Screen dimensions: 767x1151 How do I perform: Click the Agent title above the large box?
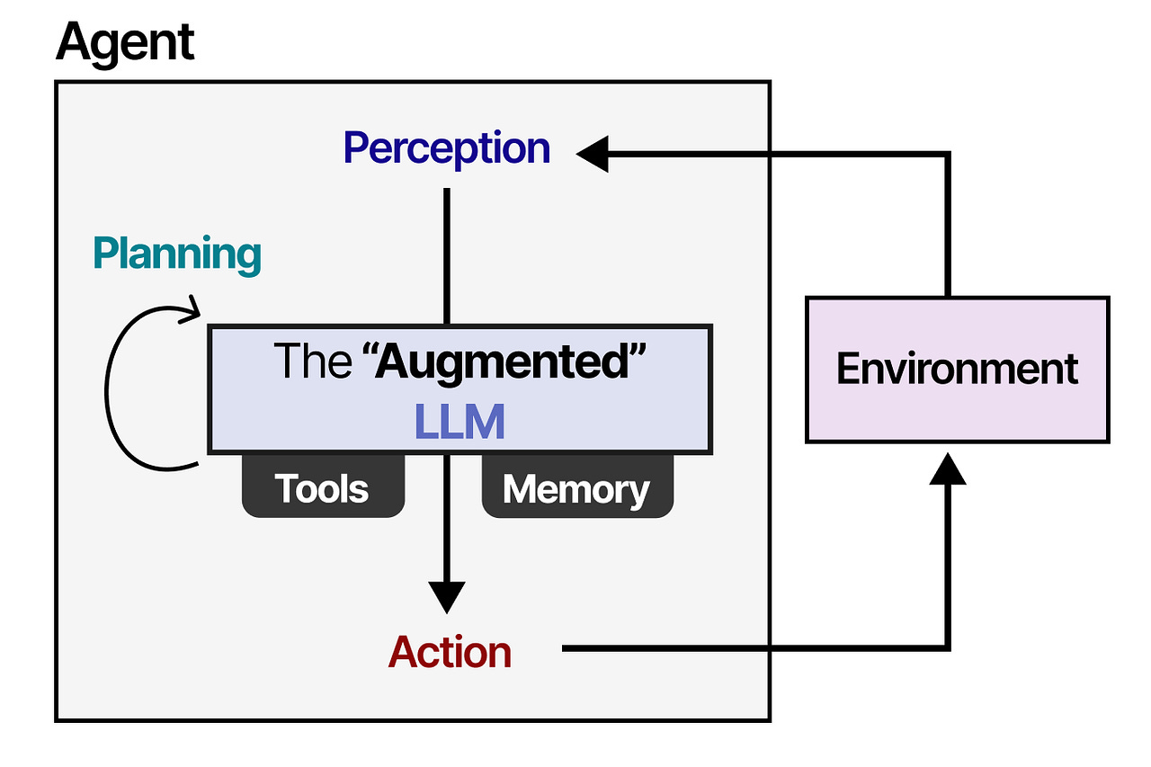coord(125,41)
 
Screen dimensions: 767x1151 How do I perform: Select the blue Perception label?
coord(447,148)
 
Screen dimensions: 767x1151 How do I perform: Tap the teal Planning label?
coord(177,254)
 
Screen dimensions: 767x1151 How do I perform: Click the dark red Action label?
coord(450,652)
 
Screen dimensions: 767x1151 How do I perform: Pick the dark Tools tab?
coord(323,488)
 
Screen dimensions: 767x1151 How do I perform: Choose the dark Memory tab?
coord(576,488)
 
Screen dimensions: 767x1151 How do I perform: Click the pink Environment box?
coord(957,370)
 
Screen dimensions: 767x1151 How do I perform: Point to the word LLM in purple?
coord(460,422)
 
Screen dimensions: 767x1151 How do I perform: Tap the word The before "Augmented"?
coord(312,361)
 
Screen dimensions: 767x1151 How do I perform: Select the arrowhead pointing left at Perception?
coord(593,155)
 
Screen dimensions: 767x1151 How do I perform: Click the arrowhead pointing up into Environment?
coord(946,468)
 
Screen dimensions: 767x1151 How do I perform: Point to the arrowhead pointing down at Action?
coord(447,596)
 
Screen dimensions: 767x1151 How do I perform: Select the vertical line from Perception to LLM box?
coord(447,256)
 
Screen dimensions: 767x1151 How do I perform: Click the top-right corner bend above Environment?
coord(946,156)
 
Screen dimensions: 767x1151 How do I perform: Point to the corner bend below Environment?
coord(946,647)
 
